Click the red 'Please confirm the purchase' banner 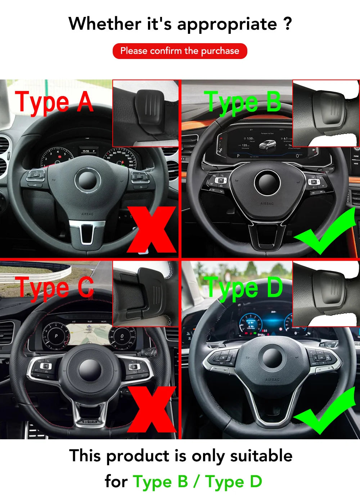tap(180, 51)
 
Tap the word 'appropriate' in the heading tap(227, 24)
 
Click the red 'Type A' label tap(54, 102)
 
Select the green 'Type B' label tap(242, 102)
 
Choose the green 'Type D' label tap(243, 288)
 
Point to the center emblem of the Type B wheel tap(267, 183)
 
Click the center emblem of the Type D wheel tap(273, 358)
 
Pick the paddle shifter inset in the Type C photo tap(146, 293)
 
